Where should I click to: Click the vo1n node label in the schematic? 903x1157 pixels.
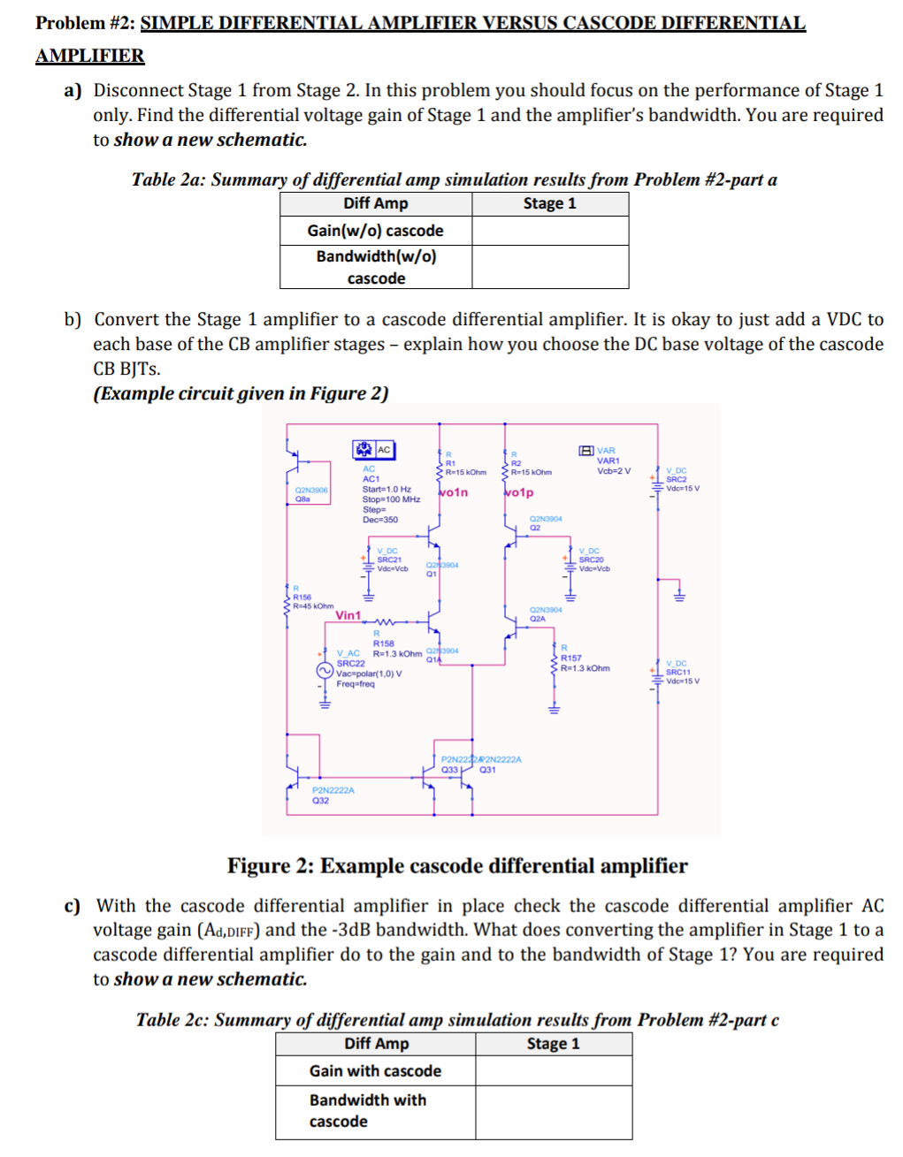[455, 492]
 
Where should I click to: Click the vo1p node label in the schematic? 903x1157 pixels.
[520, 492]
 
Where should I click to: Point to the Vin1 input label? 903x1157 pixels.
[348, 615]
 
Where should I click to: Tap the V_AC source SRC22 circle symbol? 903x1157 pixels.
[325, 671]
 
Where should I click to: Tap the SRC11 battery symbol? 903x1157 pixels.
[656, 675]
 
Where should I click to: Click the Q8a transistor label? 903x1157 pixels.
[302, 499]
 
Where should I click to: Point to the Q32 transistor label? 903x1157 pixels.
[320, 801]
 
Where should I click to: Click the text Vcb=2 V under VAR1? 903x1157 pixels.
[614, 471]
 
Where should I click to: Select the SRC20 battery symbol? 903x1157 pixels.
[570, 563]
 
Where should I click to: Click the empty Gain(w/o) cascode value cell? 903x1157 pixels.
[549, 231]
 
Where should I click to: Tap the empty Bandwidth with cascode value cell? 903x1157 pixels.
[553, 1111]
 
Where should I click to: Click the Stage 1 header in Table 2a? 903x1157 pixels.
[549, 203]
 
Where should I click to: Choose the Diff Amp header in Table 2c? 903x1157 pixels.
[376, 1044]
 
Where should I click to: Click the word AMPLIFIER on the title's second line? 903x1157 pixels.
[89, 56]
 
